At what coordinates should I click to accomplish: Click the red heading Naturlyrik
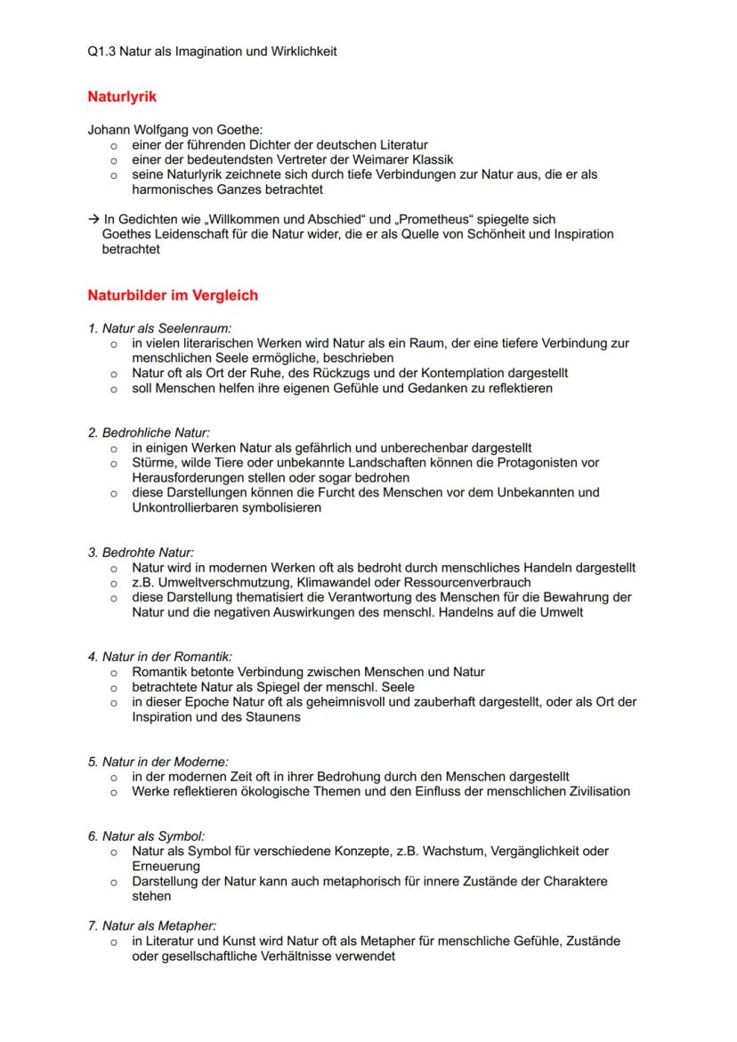122,96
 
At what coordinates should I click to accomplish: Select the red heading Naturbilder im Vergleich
173,295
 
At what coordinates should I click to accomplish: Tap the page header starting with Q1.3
212,52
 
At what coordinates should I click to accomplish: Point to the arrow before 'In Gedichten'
93,219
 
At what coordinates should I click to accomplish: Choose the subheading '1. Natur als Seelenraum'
159,327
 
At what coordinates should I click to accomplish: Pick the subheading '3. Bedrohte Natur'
141,553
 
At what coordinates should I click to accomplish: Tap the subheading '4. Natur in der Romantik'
159,657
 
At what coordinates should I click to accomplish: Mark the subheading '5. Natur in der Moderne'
158,762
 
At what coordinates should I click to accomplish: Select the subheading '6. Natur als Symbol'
146,836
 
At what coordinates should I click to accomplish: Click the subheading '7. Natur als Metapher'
152,925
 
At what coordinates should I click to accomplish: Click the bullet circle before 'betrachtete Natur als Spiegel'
114,688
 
